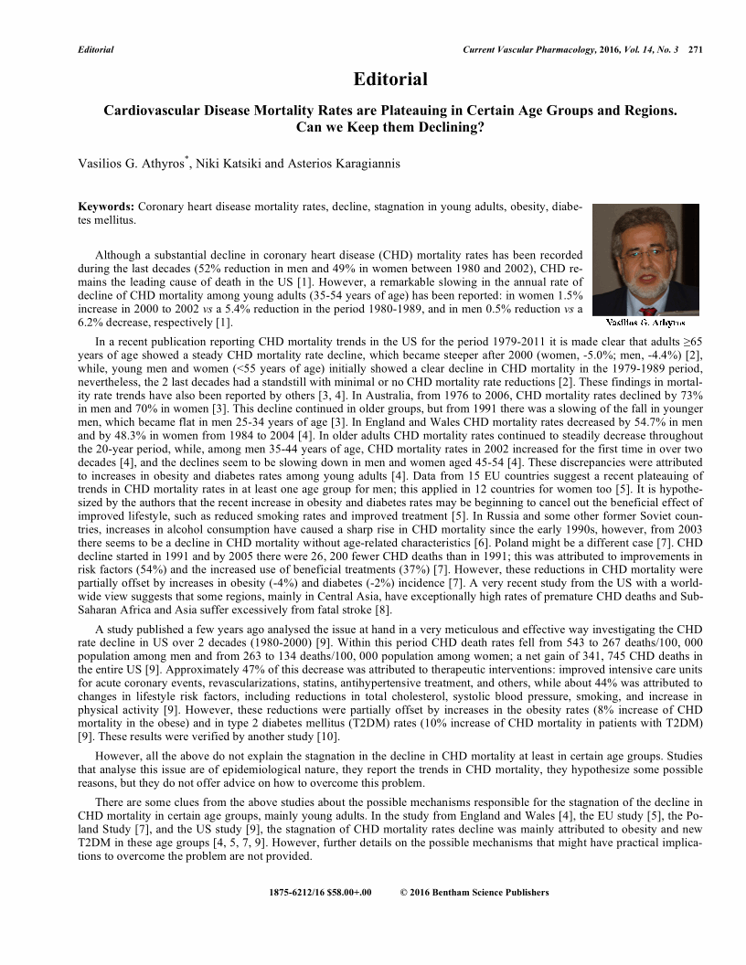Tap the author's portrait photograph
coord(645,260)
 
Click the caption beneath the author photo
coord(645,323)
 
